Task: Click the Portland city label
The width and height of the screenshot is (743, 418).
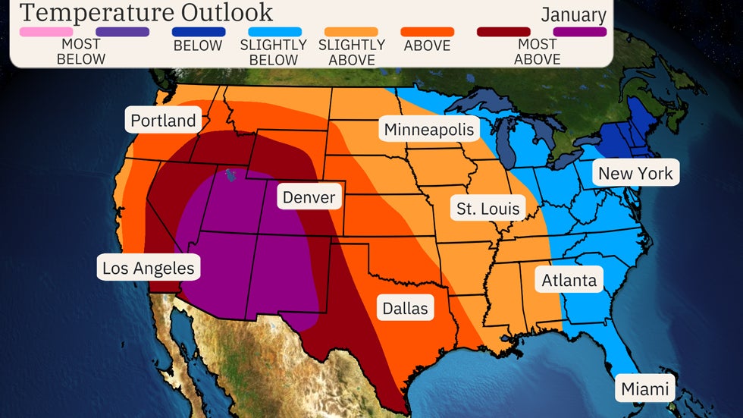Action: [163, 121]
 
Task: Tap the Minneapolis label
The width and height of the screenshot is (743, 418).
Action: [428, 130]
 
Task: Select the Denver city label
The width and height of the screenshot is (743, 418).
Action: [309, 198]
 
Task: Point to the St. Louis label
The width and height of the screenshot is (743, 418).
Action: [488, 208]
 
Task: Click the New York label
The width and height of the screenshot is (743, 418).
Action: [635, 173]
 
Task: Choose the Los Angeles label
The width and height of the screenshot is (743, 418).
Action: [149, 268]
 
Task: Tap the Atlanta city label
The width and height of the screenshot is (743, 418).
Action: [569, 280]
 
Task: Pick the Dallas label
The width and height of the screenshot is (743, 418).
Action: [405, 308]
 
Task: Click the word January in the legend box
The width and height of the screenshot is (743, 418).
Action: [573, 15]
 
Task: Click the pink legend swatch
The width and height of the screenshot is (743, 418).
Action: [46, 32]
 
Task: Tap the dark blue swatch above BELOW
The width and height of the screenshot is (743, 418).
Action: [198, 32]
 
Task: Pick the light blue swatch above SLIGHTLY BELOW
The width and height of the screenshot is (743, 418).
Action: [274, 32]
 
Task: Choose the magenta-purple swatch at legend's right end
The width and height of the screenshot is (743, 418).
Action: [580, 32]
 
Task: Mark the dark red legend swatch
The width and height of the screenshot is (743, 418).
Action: [504, 32]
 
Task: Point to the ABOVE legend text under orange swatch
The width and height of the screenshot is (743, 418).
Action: [428, 46]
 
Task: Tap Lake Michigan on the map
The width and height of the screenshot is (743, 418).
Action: [509, 144]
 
